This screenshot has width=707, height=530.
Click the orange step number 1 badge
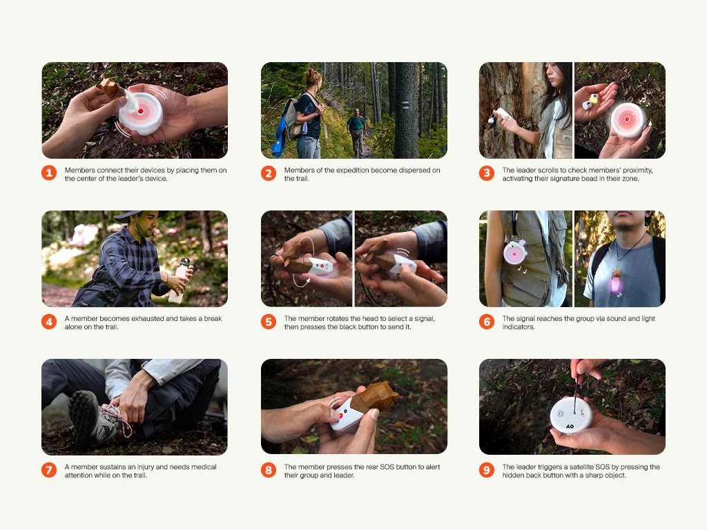(49, 173)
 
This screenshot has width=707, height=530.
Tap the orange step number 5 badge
(269, 322)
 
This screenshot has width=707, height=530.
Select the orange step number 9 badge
(487, 470)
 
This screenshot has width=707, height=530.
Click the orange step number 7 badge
(49, 470)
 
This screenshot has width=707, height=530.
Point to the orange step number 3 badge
(487, 173)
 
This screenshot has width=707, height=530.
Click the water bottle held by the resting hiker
(180, 280)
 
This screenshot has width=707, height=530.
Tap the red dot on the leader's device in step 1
(141, 111)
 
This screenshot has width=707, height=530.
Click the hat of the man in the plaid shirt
(135, 215)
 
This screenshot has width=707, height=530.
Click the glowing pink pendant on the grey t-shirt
(617, 283)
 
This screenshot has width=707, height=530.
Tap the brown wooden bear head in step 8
(375, 397)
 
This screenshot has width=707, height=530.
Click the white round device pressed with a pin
(571, 415)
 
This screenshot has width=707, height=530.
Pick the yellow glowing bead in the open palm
(594, 98)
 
